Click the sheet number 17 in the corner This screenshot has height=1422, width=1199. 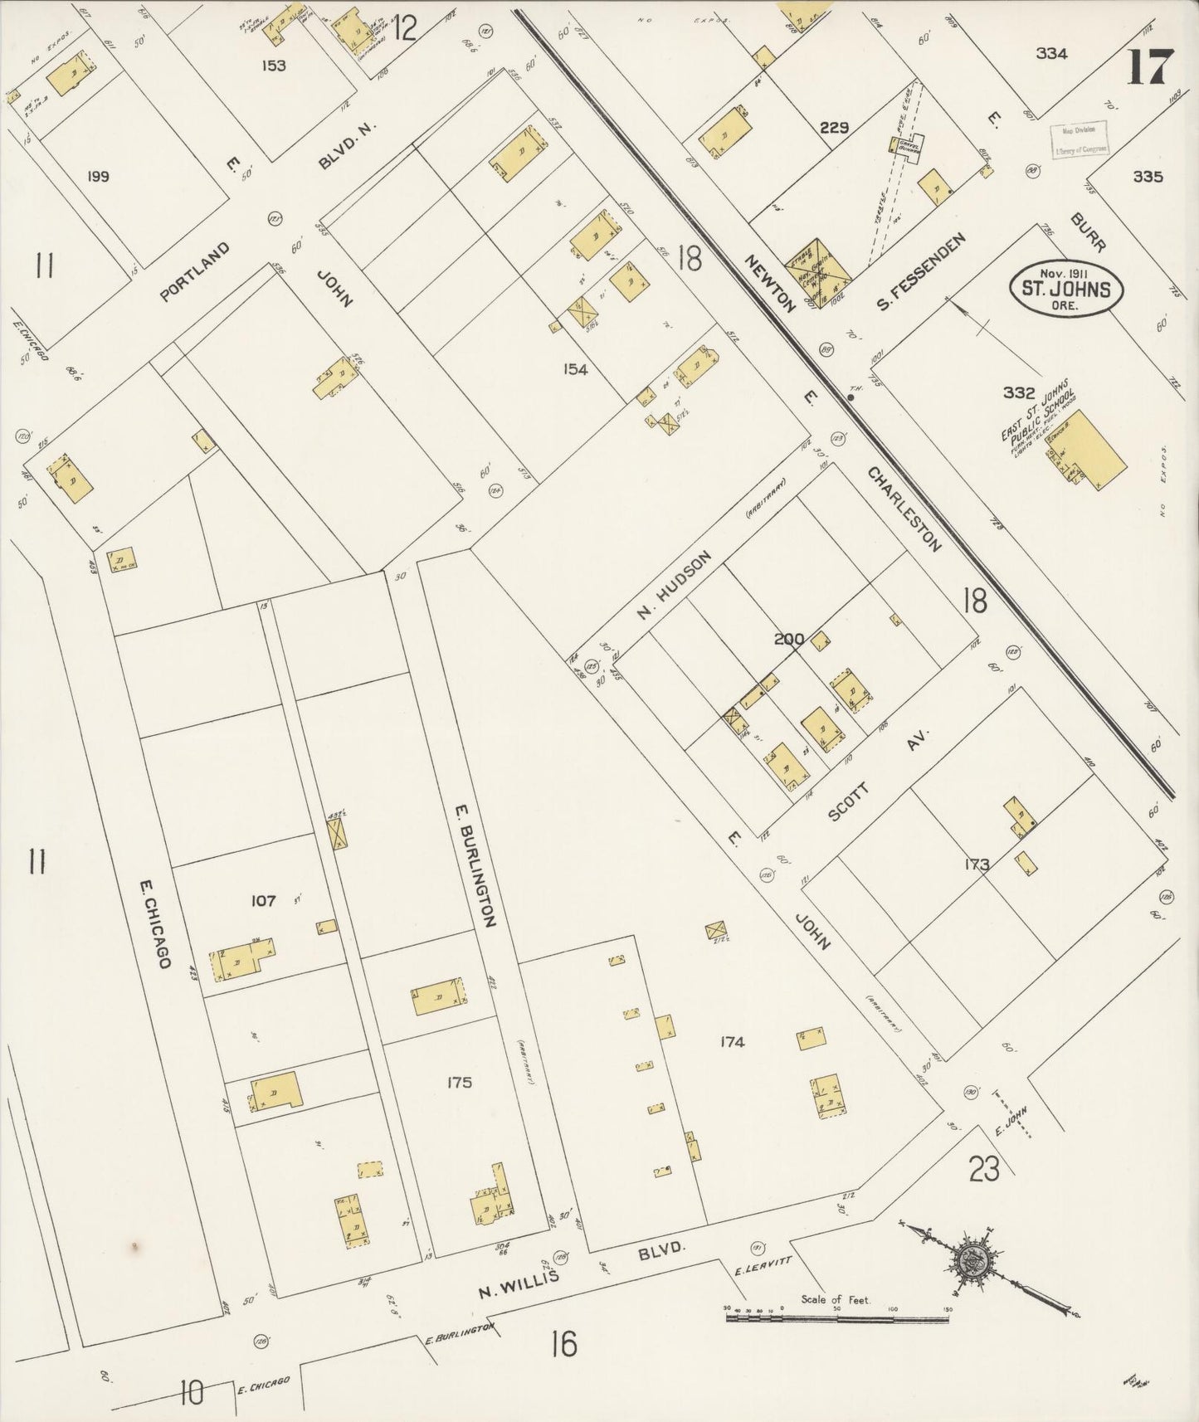(x=1149, y=66)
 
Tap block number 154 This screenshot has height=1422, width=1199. (x=574, y=369)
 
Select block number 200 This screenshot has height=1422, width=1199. (x=788, y=639)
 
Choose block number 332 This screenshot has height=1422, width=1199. (x=1018, y=392)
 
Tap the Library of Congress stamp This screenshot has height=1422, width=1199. (x=1079, y=142)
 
